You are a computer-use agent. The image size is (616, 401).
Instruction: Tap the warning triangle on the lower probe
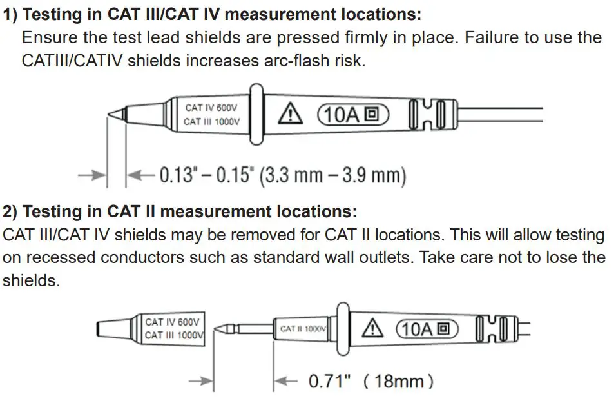(372, 329)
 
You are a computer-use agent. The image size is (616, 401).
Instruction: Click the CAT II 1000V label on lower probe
(303, 329)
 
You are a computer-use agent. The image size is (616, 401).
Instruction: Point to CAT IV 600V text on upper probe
(212, 108)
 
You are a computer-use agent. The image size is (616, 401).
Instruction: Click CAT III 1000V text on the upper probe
(212, 122)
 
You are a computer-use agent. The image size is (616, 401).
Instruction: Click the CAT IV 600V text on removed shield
(172, 322)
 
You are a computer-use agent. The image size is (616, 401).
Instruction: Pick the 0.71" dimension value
(329, 381)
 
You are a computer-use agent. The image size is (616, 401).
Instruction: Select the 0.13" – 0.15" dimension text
(207, 175)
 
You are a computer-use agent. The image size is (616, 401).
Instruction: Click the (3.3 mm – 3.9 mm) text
(332, 175)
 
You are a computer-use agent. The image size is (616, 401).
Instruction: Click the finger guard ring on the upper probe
(255, 115)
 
